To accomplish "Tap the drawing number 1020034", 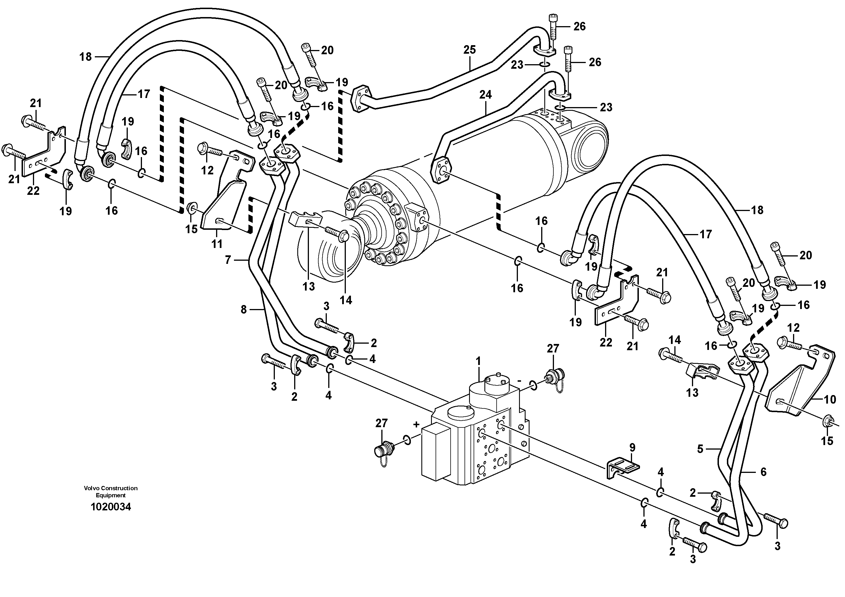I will (110, 507).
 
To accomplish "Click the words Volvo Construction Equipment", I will (110, 492).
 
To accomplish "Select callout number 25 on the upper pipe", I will (469, 50).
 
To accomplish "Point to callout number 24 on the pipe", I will (485, 95).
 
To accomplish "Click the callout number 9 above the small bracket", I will (632, 448).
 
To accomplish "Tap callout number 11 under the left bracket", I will (217, 244).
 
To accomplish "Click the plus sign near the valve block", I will (416, 424).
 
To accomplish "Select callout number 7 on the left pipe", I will (228, 260).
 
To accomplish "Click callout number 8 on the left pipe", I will (243, 310).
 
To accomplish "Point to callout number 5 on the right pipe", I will (700, 449).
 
